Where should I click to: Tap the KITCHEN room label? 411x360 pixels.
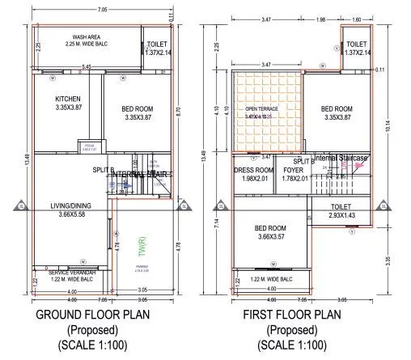pos(68,100)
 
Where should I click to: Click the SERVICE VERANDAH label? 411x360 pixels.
pos(74,273)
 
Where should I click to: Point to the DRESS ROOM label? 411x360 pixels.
pos(253,171)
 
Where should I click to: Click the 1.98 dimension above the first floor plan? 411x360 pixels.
pos(320,19)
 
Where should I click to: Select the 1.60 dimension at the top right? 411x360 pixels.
pos(358,19)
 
